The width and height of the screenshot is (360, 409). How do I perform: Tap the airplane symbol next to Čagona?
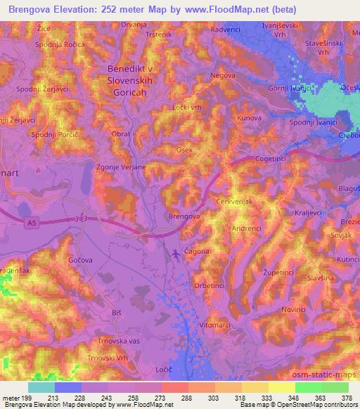tap(174, 252)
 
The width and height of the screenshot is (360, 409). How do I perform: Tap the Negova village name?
tap(221, 74)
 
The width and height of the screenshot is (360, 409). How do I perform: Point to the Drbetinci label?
tap(209, 285)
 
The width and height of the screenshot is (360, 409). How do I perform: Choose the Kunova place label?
tap(250, 118)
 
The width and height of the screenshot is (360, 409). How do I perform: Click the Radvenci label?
tap(227, 30)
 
